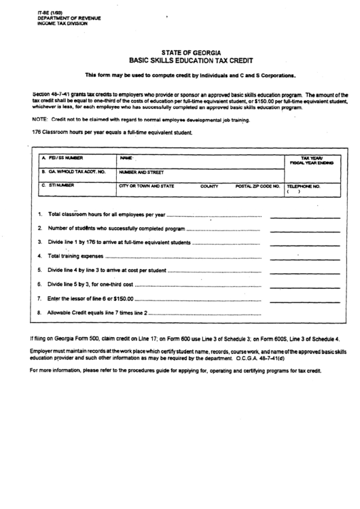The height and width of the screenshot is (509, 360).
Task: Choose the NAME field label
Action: tap(125, 157)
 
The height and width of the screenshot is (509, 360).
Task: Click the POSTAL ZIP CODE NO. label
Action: tap(257, 185)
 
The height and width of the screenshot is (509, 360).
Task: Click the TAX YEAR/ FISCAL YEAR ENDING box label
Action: tap(311, 160)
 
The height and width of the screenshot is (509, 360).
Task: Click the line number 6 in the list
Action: tap(40, 284)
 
